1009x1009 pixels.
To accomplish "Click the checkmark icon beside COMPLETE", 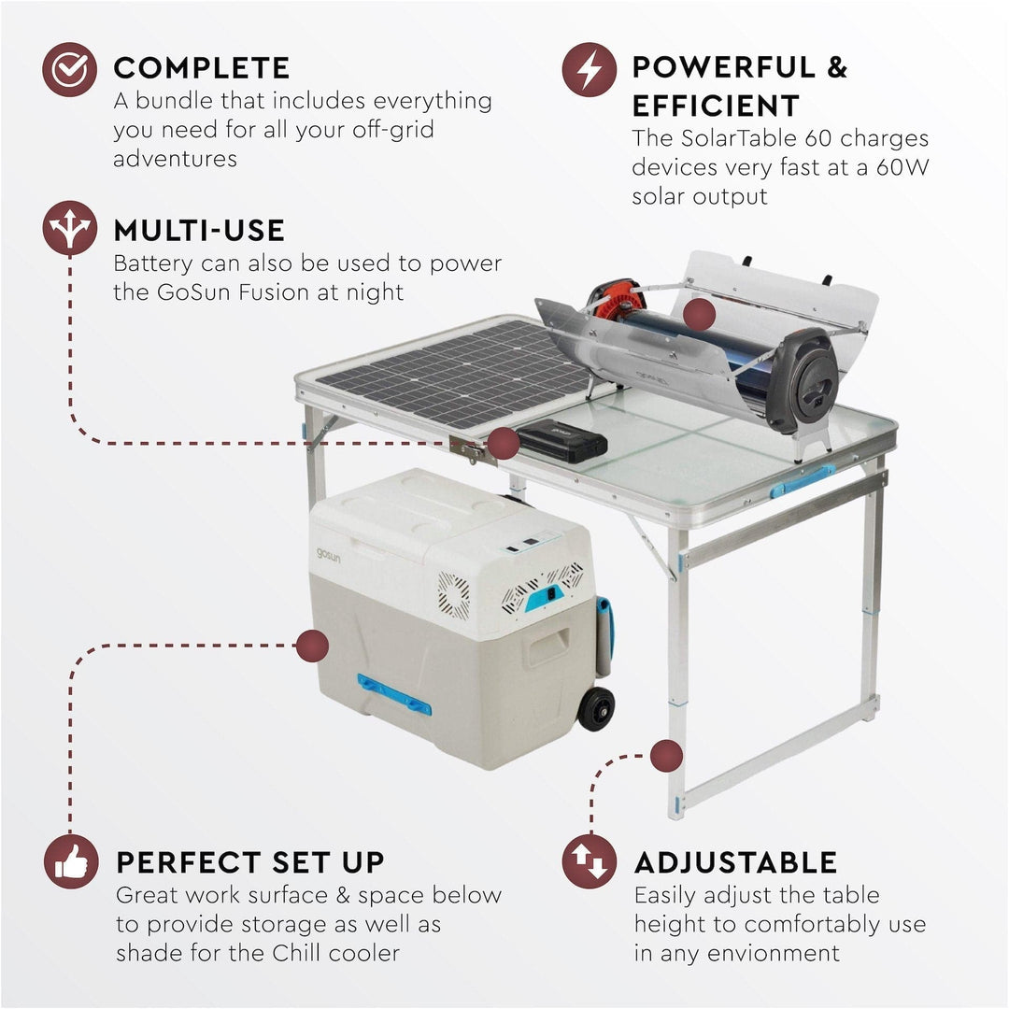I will click(x=69, y=70).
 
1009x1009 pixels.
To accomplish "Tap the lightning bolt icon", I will click(x=589, y=70).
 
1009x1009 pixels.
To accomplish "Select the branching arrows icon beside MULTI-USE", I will click(x=69, y=228).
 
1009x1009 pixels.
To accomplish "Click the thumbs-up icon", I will click(x=71, y=861).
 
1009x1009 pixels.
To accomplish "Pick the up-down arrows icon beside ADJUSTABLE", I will click(x=590, y=860).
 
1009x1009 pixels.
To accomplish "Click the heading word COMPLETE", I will click(x=202, y=68).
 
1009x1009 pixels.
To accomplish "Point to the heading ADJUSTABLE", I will click(x=735, y=861).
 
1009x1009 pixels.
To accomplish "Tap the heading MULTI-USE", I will click(x=199, y=230).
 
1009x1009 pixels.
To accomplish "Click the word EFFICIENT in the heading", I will click(x=716, y=106).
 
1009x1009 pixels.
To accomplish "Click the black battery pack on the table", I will click(x=562, y=439).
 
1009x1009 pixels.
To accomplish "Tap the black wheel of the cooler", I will click(x=596, y=708).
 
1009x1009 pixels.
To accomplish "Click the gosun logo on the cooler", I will click(x=329, y=554).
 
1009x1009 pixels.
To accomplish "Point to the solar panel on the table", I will click(x=453, y=373).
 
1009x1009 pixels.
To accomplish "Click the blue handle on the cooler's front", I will click(x=394, y=695).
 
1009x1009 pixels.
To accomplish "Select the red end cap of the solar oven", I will click(x=614, y=300).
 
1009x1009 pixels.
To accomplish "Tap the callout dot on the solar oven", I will click(x=699, y=316).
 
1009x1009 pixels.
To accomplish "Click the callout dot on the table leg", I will click(x=666, y=755).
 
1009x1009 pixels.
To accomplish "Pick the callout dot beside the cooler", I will click(x=313, y=646).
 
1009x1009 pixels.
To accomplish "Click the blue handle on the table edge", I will click(x=802, y=480).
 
